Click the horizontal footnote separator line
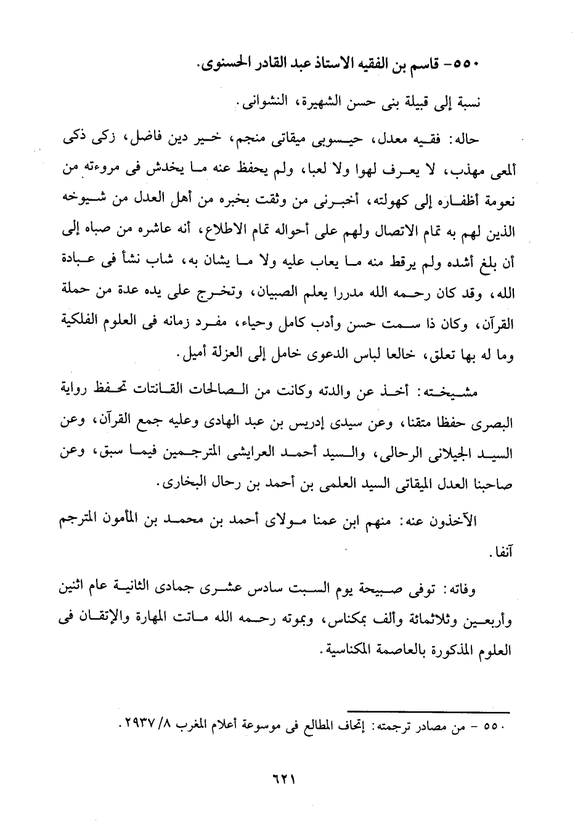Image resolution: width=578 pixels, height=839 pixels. click(431, 712)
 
